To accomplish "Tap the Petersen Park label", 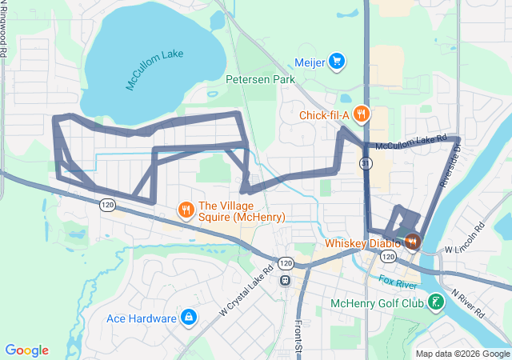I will pyautogui.click(x=260, y=79).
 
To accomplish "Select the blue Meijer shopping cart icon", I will pyautogui.click(x=337, y=60).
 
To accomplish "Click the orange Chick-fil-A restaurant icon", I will pyautogui.click(x=362, y=114).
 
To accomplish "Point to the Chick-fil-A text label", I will pyautogui.click(x=324, y=115).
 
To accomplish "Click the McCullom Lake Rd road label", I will pyautogui.click(x=411, y=142).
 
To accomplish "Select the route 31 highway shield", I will pyautogui.click(x=366, y=162).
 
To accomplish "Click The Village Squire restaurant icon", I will pyautogui.click(x=186, y=210).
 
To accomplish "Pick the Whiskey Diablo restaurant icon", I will pyautogui.click(x=413, y=241).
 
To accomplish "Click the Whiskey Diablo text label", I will pyautogui.click(x=363, y=243).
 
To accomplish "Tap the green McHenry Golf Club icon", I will pyautogui.click(x=436, y=302).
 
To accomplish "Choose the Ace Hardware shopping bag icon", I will pyautogui.click(x=188, y=318).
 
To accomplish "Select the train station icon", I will pyautogui.click(x=284, y=280).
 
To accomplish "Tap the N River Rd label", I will pyautogui.click(x=469, y=304).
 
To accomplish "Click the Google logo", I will pyautogui.click(x=26, y=350).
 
